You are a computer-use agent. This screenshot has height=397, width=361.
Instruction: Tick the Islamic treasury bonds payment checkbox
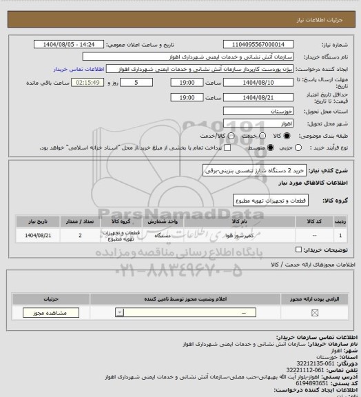[x=218, y=147]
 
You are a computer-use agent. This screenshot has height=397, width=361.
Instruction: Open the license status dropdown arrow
[x=121, y=313]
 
